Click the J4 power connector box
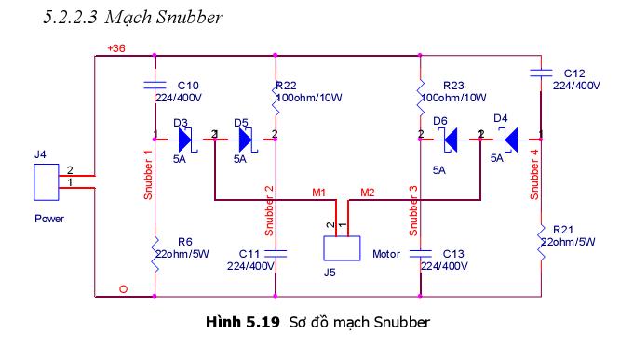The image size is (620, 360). pos(47,182)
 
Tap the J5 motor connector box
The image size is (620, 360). pos(342,248)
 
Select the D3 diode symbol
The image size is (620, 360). pos(185,140)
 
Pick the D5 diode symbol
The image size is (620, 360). pos(246,140)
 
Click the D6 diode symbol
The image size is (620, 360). pos(451,140)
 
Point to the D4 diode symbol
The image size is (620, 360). pos(511,140)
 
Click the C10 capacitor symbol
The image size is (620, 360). pos(155,85)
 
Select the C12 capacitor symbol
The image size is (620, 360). pos(541,73)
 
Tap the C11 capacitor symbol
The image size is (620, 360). pos(276,253)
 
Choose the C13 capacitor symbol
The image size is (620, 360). pos(421,253)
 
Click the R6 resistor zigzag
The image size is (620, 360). pos(155,255)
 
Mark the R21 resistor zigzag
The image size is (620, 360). pos(541,242)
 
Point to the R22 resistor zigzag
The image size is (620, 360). pos(276,99)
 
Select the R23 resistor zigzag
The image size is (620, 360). pos(421,99)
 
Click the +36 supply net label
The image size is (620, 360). pos(116,48)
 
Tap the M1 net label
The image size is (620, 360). pos(318,193)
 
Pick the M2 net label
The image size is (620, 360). pos(368,193)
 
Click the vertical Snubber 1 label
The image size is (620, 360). pos(148,175)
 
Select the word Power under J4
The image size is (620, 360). pos(49,219)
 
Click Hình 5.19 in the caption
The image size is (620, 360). pos(243,322)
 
